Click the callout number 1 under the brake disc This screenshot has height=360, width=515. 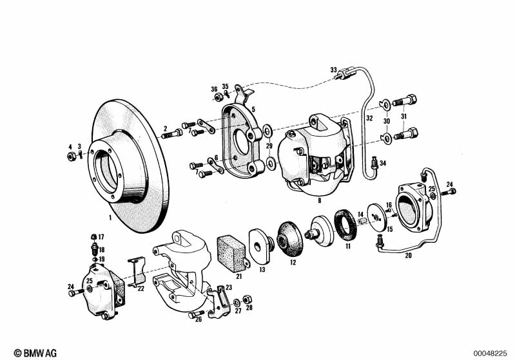click(110, 217)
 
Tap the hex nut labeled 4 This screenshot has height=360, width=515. click(71, 156)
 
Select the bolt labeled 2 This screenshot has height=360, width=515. click(172, 133)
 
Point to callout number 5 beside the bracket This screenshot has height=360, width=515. click(253, 109)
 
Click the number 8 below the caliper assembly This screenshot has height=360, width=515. click(319, 200)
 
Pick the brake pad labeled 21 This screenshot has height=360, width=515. click(233, 253)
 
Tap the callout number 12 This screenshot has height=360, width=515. click(293, 262)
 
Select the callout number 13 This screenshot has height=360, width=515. click(262, 270)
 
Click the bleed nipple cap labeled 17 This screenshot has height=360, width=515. click(93, 236)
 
